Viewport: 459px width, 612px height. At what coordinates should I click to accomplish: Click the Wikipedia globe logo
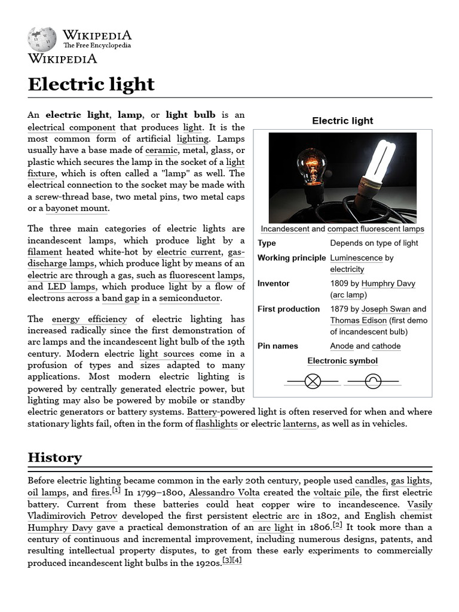tap(42, 39)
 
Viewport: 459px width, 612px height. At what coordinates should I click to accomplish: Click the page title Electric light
tap(91, 84)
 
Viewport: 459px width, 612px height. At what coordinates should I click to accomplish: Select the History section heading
tap(54, 457)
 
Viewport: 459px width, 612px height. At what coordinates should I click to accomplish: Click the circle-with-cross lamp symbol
tap(313, 381)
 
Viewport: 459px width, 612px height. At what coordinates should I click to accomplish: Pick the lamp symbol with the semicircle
tap(373, 381)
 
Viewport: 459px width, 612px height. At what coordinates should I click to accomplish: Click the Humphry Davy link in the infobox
tap(388, 283)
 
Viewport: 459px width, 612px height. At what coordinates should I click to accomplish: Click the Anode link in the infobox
tap(341, 346)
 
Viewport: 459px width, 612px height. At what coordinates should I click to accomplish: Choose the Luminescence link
tap(356, 258)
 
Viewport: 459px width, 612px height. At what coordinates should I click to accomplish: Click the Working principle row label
tap(292, 258)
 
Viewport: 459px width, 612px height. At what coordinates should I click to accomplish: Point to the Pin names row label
tap(277, 346)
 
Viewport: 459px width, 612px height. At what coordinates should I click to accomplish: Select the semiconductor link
tap(189, 298)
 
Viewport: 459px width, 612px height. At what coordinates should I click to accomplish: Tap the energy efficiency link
tap(89, 319)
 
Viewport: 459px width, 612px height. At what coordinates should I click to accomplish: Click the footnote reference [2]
tap(338, 525)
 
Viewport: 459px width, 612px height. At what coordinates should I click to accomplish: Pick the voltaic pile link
tap(337, 492)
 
